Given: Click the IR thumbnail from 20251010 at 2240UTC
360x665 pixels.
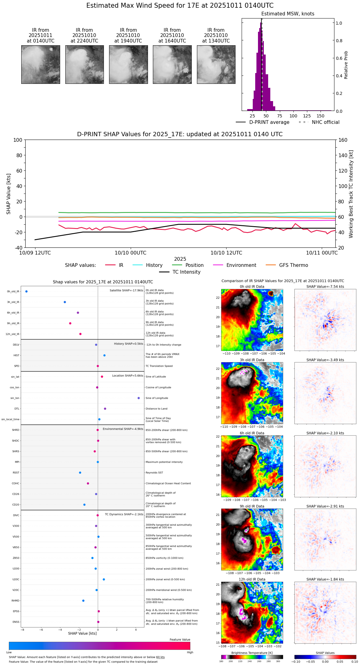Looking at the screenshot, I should pyautogui.click(x=84, y=64).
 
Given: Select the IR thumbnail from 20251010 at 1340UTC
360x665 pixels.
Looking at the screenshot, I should pyautogui.click(x=216, y=64).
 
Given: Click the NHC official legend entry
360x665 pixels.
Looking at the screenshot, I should pyautogui.click(x=319, y=122).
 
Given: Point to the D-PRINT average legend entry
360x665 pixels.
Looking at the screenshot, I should pyautogui.click(x=263, y=122).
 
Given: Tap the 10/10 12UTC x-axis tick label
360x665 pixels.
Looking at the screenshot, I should pyautogui.click(x=226, y=253).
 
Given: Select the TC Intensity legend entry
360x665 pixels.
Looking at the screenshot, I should pyautogui.click(x=180, y=272).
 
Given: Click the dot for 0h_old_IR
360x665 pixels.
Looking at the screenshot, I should pyautogui.click(x=27, y=292).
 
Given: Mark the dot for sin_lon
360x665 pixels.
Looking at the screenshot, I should pyautogui.click(x=139, y=398).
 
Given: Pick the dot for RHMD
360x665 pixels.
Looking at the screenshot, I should pyautogui.click(x=83, y=601).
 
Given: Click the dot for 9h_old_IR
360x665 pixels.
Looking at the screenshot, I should pyautogui.click(x=70, y=323).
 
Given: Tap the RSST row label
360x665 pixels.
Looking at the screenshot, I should pyautogui.click(x=16, y=473).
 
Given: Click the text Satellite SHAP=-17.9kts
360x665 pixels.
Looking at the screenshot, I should pyautogui.click(x=126, y=291).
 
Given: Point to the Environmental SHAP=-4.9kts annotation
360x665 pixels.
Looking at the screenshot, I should pyautogui.click(x=123, y=429).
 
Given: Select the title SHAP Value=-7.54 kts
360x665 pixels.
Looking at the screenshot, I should pyautogui.click(x=325, y=287).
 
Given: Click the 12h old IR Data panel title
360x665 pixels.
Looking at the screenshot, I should pyautogui.click(x=252, y=579).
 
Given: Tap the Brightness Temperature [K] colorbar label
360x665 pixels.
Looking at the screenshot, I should pyautogui.click(x=252, y=653).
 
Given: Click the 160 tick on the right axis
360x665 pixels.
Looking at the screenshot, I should pyautogui.click(x=343, y=140).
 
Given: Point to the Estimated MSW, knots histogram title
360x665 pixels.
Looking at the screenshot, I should pyautogui.click(x=288, y=14).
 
